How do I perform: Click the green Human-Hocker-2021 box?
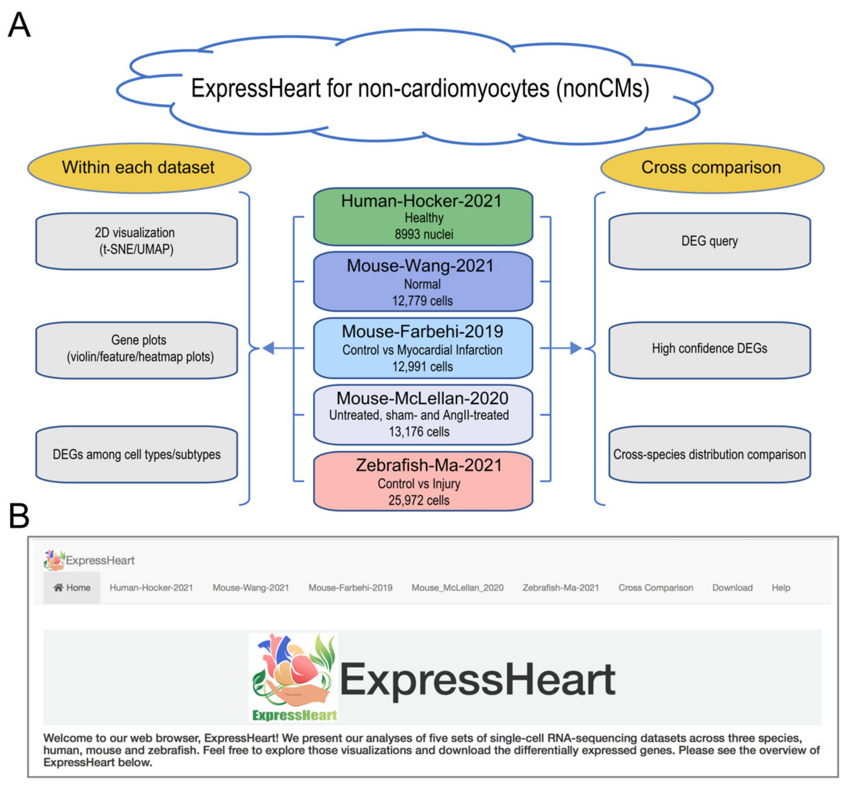point(422,217)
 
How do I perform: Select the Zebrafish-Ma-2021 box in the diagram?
point(422,481)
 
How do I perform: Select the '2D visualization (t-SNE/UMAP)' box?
point(136,241)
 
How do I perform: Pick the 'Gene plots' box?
point(136,349)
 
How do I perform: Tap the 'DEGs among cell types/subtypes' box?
point(136,454)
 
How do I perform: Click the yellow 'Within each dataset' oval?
point(139,168)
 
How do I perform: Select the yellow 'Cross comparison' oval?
point(712,168)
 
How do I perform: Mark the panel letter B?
point(19,516)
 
